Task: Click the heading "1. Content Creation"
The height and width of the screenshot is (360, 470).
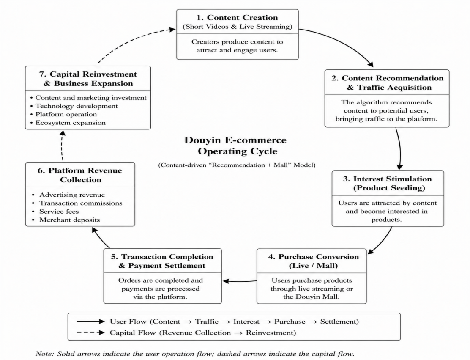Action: pyautogui.click(x=237, y=18)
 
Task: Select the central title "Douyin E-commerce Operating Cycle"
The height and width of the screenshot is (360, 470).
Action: pyautogui.click(x=235, y=146)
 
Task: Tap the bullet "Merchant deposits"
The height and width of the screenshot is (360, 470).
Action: pyautogui.click(x=70, y=220)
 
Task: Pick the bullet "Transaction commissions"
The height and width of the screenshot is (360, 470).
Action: pyautogui.click(x=81, y=203)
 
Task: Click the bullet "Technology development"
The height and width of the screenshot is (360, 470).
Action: pyautogui.click(x=77, y=106)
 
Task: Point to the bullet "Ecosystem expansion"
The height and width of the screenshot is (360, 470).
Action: pyautogui.click(x=71, y=123)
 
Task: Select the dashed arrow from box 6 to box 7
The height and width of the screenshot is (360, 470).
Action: pyautogui.click(x=62, y=146)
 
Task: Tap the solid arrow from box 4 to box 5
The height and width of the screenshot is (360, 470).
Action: pyautogui.click(x=240, y=281)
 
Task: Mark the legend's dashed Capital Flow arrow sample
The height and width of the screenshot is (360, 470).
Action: pyautogui.click(x=91, y=333)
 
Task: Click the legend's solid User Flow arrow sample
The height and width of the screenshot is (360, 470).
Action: pyautogui.click(x=91, y=322)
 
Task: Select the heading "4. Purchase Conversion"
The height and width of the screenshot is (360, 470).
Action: pyautogui.click(x=313, y=257)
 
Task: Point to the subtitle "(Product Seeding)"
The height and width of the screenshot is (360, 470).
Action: pyautogui.click(x=389, y=188)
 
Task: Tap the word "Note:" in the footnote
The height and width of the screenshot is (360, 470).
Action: pyautogui.click(x=45, y=354)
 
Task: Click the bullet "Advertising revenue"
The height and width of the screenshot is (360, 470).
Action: pyautogui.click(x=72, y=195)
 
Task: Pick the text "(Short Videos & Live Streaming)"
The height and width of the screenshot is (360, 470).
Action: pyautogui.click(x=238, y=27)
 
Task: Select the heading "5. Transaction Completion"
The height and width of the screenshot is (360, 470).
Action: pyautogui.click(x=162, y=257)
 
